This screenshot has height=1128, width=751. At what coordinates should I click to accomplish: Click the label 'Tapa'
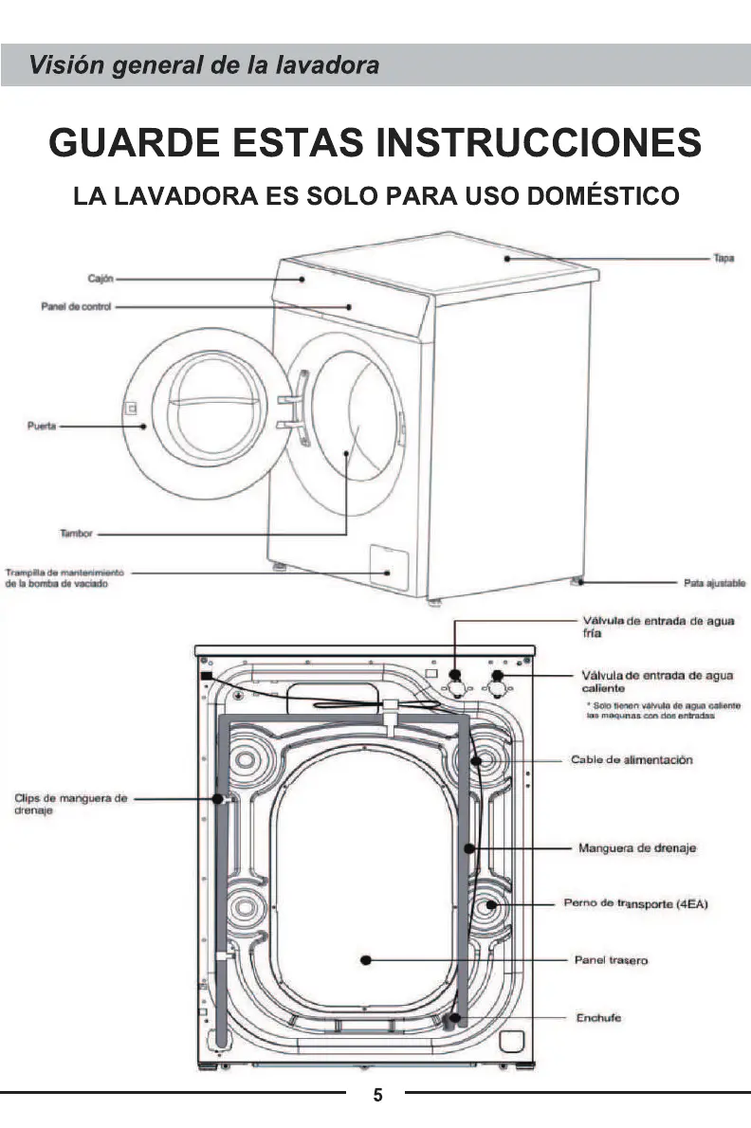tap(724, 257)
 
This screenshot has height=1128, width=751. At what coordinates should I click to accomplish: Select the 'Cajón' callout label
tap(101, 279)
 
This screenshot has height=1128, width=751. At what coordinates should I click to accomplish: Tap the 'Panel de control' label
tap(76, 307)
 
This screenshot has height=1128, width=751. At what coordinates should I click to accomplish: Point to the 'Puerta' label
tap(43, 427)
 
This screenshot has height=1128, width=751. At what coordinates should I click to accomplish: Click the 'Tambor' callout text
tap(76, 535)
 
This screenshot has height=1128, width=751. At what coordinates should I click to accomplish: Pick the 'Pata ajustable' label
tap(716, 583)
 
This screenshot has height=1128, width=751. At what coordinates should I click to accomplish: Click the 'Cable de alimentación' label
tap(632, 760)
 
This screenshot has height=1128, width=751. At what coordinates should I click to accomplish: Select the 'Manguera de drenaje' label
tap(637, 847)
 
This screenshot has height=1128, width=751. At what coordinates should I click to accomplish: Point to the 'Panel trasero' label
tap(612, 960)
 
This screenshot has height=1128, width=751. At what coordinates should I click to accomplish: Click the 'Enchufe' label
tap(598, 1018)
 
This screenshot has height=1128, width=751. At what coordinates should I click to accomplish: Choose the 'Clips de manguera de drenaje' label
tap(71, 805)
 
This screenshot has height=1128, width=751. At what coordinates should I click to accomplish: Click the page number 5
tap(377, 1096)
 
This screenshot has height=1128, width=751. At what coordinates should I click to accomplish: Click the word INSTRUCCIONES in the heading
tap(539, 143)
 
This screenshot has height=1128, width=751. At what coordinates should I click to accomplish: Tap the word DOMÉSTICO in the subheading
tap(601, 196)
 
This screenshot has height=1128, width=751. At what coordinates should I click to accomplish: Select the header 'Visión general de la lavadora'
tap(204, 65)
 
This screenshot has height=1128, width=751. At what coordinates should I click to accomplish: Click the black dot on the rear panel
tap(365, 960)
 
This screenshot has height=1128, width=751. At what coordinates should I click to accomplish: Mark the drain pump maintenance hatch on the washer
tap(385, 560)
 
